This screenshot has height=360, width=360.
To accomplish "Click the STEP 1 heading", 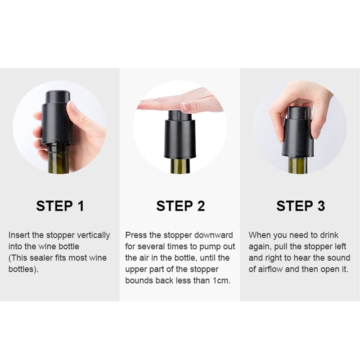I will click(x=60, y=206).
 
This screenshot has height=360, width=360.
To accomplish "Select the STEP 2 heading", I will click(x=180, y=206).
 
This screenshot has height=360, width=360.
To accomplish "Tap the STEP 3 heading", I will click(x=301, y=206).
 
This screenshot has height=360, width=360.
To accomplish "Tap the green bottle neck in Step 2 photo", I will click(x=180, y=165).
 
